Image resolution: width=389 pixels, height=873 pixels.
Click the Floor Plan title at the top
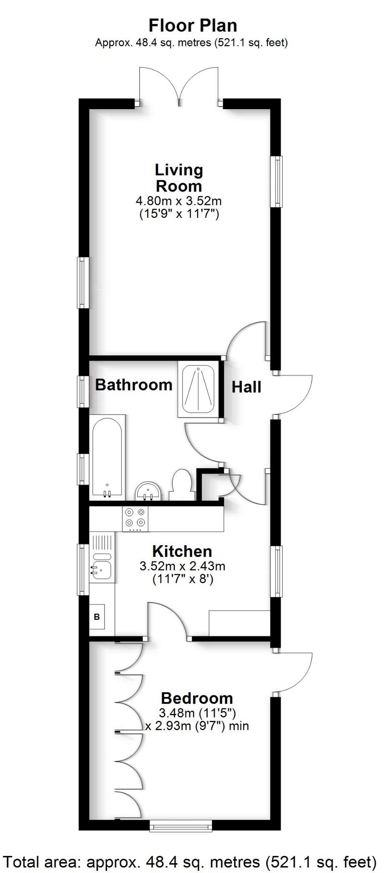(192, 26)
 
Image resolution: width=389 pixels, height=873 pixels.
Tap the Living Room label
(179, 178)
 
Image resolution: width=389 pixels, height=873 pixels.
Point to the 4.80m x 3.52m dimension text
(179, 200)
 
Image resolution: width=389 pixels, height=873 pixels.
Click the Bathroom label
(134, 384)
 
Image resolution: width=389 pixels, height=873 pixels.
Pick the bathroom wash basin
(148, 491)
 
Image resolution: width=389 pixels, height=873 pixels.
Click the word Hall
(246, 387)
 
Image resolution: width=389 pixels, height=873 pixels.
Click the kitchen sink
(101, 567)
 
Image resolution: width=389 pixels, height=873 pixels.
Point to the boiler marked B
(97, 616)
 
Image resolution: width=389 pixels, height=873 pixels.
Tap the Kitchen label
(182, 551)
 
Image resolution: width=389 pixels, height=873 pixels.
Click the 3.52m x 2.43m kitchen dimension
(182, 566)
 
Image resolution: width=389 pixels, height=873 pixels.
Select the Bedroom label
(197, 698)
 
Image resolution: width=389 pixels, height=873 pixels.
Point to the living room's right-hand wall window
(278, 182)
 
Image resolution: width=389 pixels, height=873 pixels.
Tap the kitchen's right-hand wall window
(278, 571)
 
